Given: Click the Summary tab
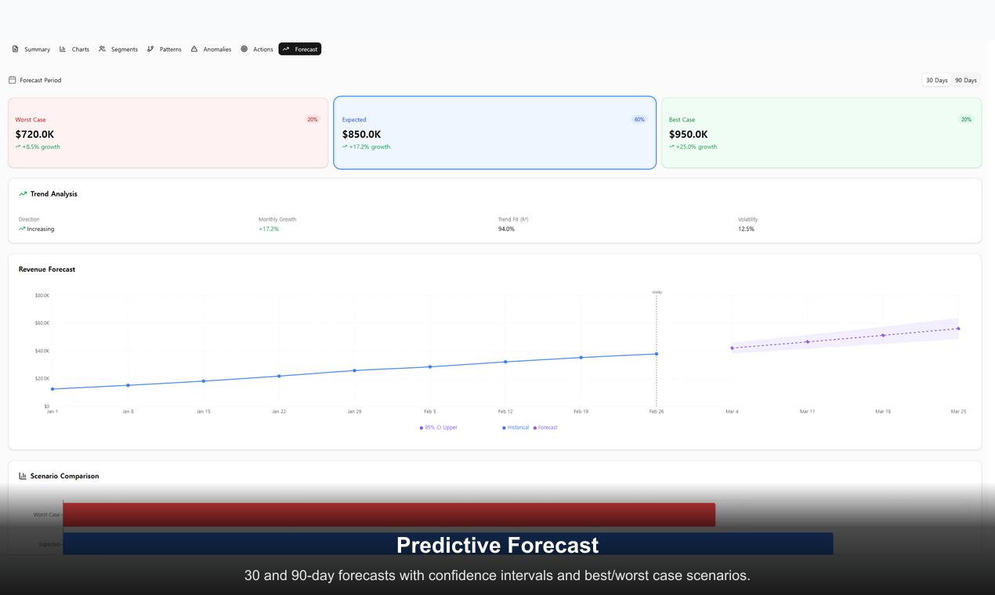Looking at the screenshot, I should [31, 49].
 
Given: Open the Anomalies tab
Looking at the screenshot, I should [211, 49].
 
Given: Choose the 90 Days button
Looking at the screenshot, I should [965, 80].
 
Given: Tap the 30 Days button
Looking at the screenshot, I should [936, 80].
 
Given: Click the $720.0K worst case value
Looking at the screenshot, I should [34, 135].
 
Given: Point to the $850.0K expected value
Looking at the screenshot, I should [361, 135].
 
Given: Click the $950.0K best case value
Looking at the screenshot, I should [688, 135].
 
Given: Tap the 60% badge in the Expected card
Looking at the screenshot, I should [639, 120].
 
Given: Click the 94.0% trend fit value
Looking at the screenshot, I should [506, 229].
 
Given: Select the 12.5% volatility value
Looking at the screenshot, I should [746, 229].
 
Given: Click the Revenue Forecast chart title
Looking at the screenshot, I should [47, 269].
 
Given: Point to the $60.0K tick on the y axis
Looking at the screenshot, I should [42, 323].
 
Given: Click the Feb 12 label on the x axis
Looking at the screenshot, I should [505, 411].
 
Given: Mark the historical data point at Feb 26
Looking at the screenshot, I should [657, 354].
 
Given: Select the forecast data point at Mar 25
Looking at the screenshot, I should [958, 329].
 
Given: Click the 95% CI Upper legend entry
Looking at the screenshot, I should [439, 427].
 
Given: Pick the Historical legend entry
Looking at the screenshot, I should [516, 427].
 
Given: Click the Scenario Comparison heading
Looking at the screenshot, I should [64, 476].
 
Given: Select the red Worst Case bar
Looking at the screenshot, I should [389, 514].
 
